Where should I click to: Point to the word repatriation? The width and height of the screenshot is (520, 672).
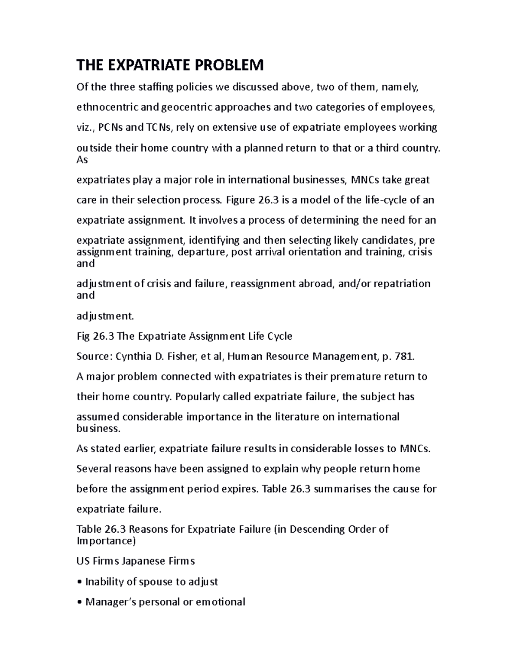(x=402, y=284)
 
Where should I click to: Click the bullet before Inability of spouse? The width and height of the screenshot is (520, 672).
(x=79, y=582)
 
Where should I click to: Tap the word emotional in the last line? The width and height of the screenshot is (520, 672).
(x=221, y=602)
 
